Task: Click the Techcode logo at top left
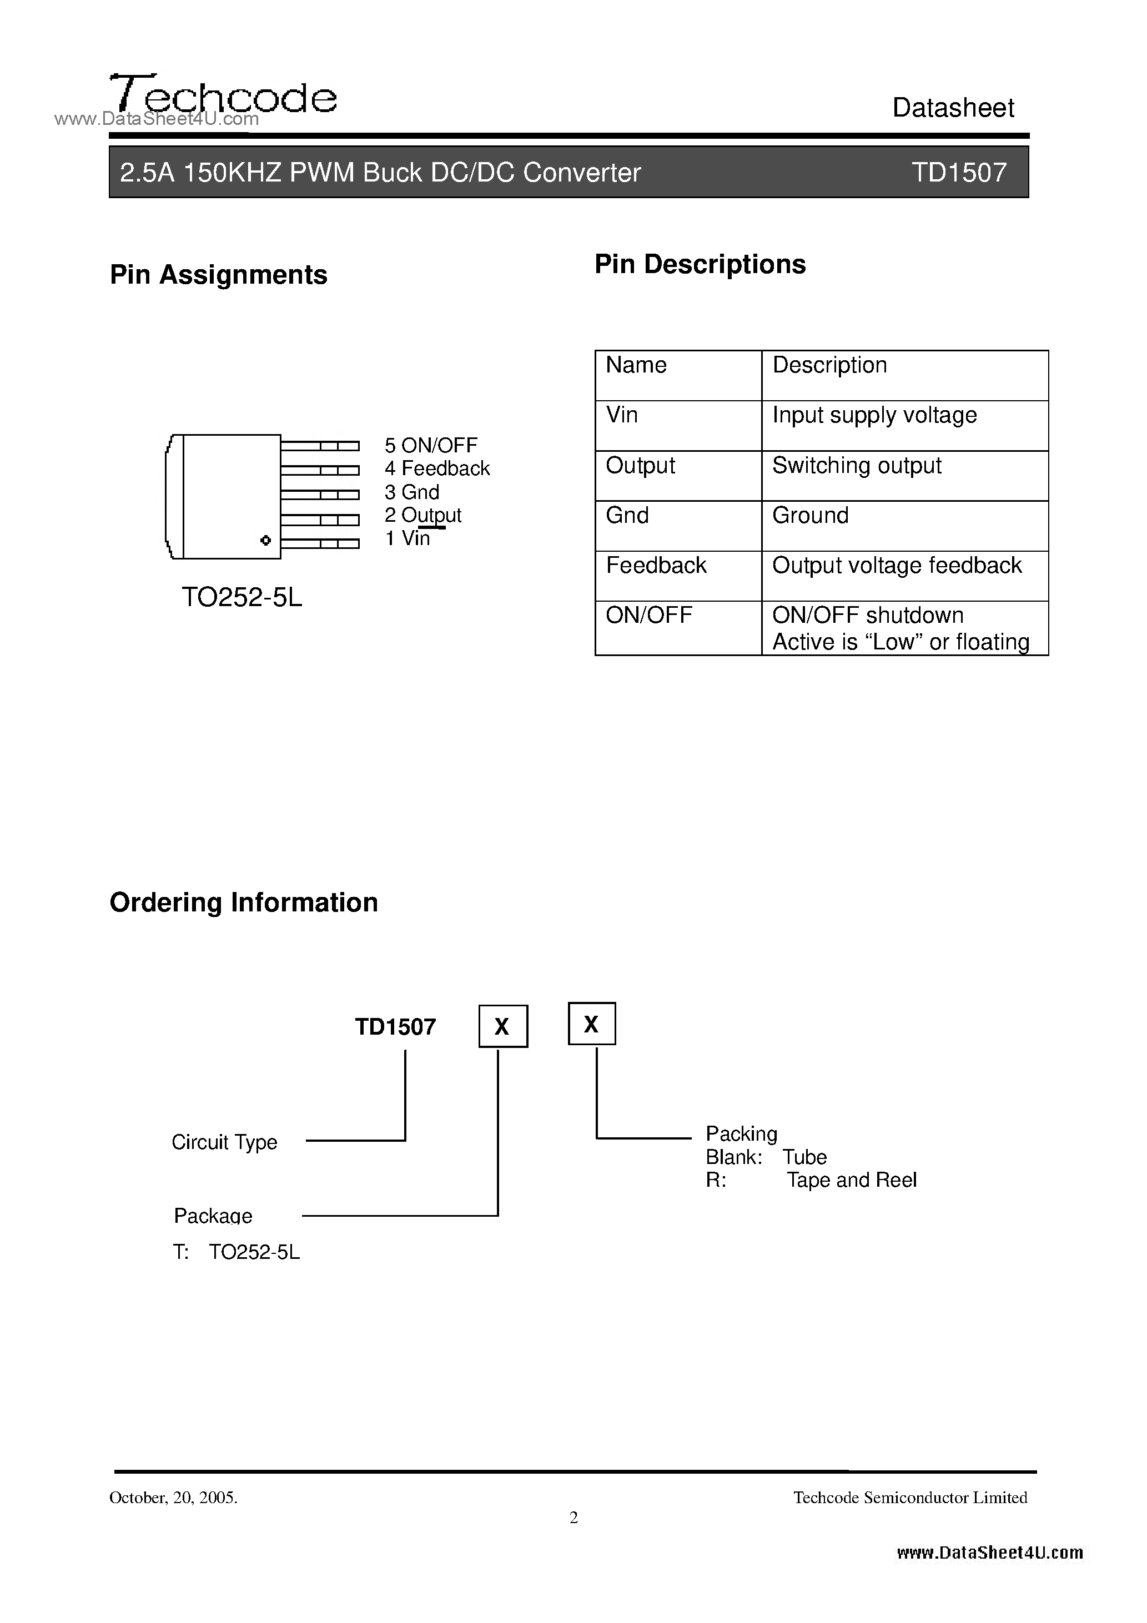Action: coord(223,96)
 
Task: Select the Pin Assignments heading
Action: coord(219,275)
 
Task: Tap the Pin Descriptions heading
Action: coord(700,264)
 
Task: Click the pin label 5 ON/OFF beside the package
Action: coord(431,445)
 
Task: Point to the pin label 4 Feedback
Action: coord(437,468)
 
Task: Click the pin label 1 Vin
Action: coord(408,538)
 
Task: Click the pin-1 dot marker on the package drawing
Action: coord(266,541)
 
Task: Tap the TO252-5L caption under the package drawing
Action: coord(242,598)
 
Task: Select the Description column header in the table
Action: coord(829,365)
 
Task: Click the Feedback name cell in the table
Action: coord(656,566)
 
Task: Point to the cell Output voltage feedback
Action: coord(897,566)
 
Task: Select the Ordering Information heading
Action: coord(244,903)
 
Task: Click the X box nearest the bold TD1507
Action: coord(503,1026)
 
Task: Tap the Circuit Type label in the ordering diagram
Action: coord(224,1142)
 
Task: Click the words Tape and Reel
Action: coord(852,1180)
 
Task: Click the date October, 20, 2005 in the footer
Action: coord(173,1497)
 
